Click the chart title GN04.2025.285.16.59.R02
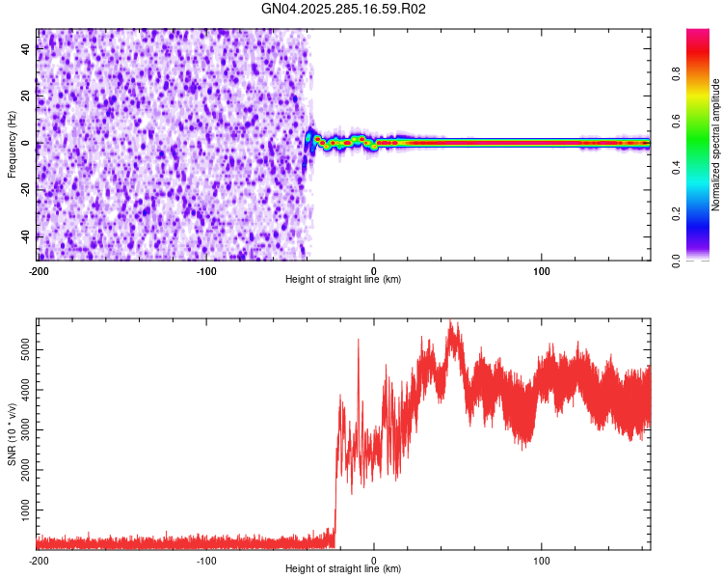click(x=344, y=9)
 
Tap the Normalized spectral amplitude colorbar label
click(x=715, y=145)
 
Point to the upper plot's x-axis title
click(x=343, y=279)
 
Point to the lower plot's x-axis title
click(x=343, y=569)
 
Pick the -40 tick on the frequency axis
click(x=26, y=236)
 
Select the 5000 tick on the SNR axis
click(x=21, y=348)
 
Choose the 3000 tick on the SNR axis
click(x=21, y=427)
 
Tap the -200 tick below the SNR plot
click(x=38, y=561)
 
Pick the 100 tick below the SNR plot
click(x=542, y=561)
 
